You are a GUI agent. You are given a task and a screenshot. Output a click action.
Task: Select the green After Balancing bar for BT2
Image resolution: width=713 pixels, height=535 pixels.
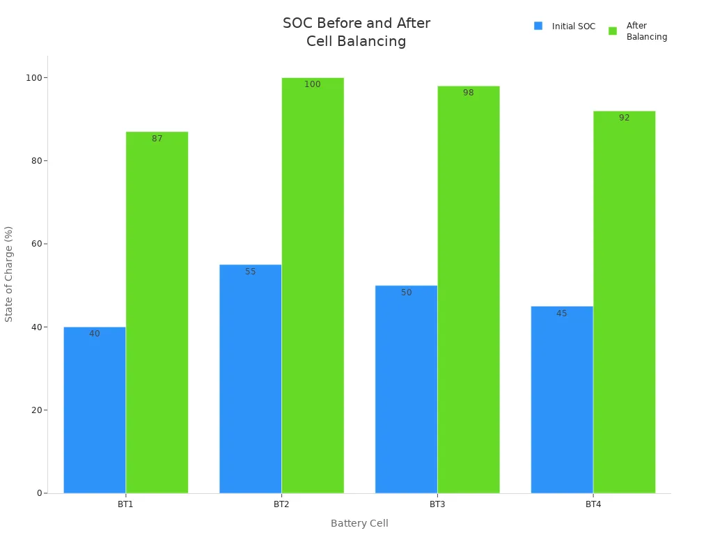[313, 286]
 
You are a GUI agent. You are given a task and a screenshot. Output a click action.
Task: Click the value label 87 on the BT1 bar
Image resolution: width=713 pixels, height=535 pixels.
[157, 139]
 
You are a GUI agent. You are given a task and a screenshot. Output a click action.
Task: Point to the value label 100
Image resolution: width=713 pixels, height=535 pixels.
[313, 84]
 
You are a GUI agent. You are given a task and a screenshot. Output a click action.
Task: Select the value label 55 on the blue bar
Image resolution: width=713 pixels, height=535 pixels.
[251, 272]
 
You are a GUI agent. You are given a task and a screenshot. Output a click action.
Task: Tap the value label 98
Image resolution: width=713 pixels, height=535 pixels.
[469, 93]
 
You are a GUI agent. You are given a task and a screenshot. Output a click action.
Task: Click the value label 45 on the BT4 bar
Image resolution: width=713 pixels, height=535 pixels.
[562, 313]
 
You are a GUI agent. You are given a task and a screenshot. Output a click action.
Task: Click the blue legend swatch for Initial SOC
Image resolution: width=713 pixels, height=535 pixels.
[538, 26]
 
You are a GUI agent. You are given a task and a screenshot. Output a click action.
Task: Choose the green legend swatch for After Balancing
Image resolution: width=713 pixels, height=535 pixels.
[613, 31]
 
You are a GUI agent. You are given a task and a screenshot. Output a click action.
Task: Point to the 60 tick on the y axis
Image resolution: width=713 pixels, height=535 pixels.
[36, 244]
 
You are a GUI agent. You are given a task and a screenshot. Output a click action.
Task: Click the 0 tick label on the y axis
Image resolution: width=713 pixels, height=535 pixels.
[40, 493]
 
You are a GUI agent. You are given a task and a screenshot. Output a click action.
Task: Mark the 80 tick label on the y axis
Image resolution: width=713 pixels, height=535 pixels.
[36, 161]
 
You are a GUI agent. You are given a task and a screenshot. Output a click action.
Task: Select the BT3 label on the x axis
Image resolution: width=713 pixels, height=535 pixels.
[437, 504]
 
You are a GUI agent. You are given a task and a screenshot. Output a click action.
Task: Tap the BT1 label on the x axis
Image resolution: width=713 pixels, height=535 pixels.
[126, 504]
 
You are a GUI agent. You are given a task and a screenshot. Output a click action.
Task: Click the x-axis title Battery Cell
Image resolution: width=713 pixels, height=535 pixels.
[359, 523]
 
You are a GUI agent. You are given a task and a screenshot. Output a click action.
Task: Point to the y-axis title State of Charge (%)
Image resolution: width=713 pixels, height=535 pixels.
[9, 274]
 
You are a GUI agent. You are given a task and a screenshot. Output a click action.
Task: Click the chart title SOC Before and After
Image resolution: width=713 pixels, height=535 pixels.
[356, 24]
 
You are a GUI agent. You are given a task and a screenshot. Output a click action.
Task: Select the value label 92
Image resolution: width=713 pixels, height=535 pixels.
[625, 118]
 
